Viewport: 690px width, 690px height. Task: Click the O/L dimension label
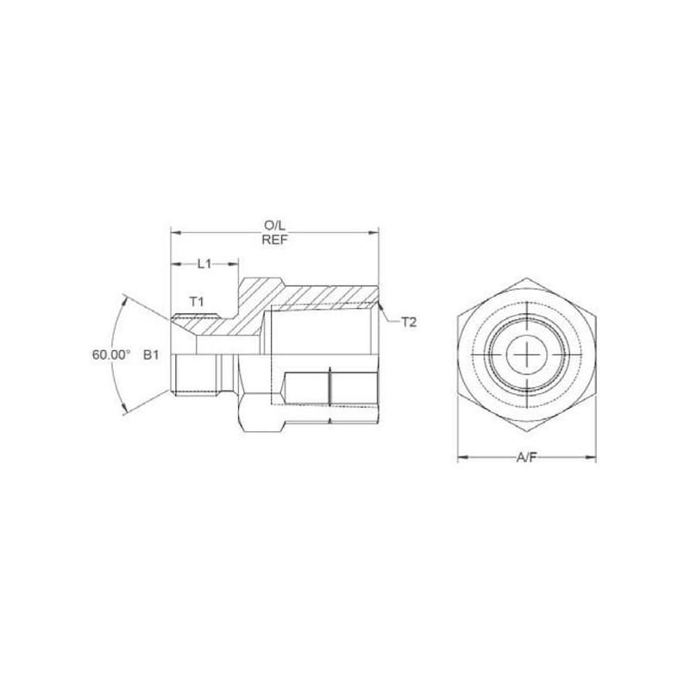[274, 226]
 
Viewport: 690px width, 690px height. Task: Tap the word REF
[274, 240]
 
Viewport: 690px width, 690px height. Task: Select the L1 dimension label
[204, 264]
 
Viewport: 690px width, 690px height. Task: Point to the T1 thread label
[197, 301]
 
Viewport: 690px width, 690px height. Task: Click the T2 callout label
[408, 323]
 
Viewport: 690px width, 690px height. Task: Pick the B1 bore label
[151, 354]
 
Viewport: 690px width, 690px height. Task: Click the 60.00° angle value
[111, 354]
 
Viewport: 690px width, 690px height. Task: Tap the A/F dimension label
[527, 458]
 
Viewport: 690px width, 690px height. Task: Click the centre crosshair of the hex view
[527, 354]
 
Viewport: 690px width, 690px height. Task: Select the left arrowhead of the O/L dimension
[176, 232]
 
